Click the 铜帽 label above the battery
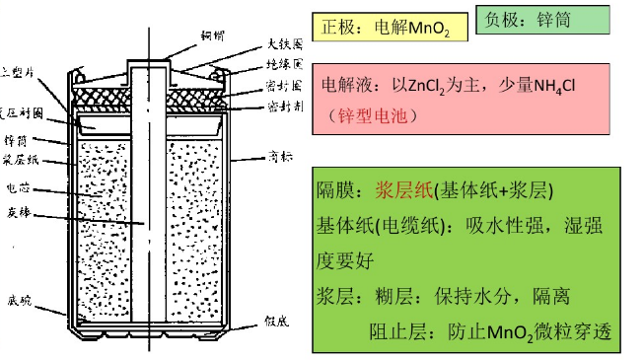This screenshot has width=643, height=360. [214, 36]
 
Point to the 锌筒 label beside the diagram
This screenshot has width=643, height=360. [20, 138]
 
